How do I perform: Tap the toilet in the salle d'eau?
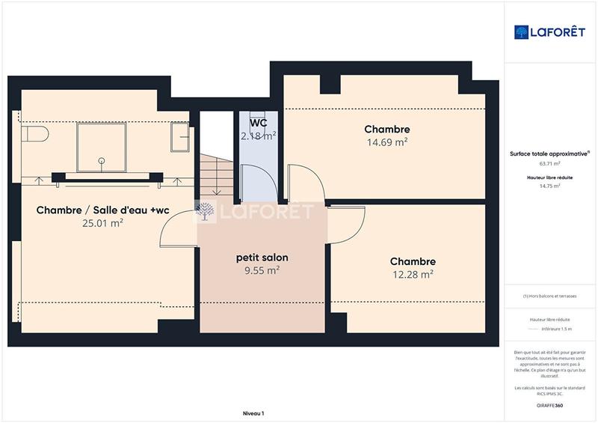click(x=34, y=135)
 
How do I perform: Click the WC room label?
click(x=259, y=122)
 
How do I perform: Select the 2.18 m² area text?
click(x=259, y=136)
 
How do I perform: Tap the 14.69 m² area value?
click(x=386, y=142)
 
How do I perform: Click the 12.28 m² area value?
click(x=412, y=275)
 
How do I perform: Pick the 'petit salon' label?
click(x=262, y=258)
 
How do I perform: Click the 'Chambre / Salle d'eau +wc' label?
click(x=102, y=210)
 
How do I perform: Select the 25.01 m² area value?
click(x=102, y=223)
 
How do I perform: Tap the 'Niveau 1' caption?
click(x=253, y=413)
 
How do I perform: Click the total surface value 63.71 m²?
click(x=549, y=163)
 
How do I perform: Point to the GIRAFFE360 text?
click(x=549, y=404)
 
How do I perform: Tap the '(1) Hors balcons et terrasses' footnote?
click(x=549, y=296)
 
